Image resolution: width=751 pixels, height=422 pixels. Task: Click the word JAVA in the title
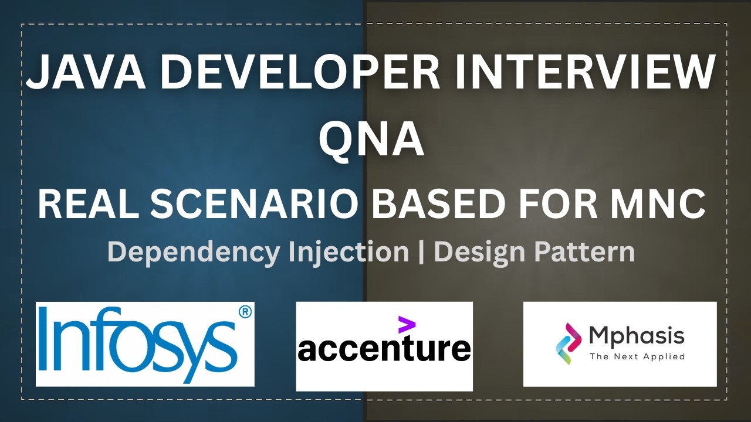[x=86, y=72]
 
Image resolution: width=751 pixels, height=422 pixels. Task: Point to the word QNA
[x=371, y=138]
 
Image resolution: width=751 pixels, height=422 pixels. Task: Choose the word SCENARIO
[x=253, y=203]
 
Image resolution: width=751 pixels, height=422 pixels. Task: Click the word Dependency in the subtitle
[x=194, y=253]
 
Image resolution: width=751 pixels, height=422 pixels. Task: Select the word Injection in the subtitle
[x=349, y=253]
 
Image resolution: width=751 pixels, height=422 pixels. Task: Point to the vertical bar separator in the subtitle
[x=421, y=253]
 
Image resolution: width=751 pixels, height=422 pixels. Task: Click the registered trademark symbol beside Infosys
[x=245, y=312]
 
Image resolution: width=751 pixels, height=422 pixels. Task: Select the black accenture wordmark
[x=384, y=349]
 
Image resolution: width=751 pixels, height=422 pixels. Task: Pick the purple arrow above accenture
[x=407, y=325]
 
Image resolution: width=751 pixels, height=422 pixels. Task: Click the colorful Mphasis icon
[x=569, y=343]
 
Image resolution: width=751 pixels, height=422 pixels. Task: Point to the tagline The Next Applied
[x=637, y=357]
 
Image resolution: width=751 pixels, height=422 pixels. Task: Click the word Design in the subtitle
[x=479, y=253]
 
